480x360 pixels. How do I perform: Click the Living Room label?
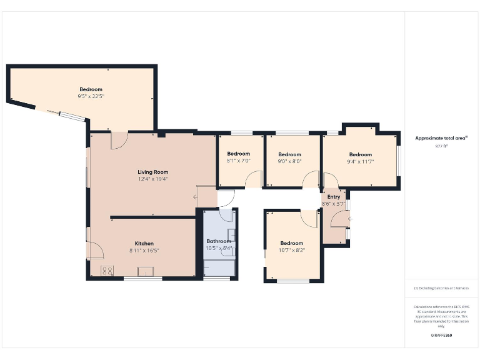point(153,172)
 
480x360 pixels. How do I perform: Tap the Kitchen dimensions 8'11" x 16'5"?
point(144,251)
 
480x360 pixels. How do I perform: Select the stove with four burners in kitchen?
point(107,271)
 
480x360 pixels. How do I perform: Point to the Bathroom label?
point(219,241)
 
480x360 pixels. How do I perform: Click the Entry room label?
point(334,197)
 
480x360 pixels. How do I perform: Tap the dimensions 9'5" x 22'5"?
point(91,96)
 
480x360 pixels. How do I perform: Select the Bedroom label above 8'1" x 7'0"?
point(238,154)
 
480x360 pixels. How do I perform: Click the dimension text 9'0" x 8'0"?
point(289,161)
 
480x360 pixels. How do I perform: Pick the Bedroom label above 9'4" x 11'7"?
point(360,154)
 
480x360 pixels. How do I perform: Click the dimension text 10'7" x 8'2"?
point(291,250)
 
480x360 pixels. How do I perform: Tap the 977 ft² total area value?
point(441,146)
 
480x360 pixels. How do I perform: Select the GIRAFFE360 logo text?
point(441,336)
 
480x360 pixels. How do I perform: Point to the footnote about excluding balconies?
point(441,288)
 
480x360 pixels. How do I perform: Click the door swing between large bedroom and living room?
point(119,140)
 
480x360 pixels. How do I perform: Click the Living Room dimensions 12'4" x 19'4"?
point(153,179)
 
